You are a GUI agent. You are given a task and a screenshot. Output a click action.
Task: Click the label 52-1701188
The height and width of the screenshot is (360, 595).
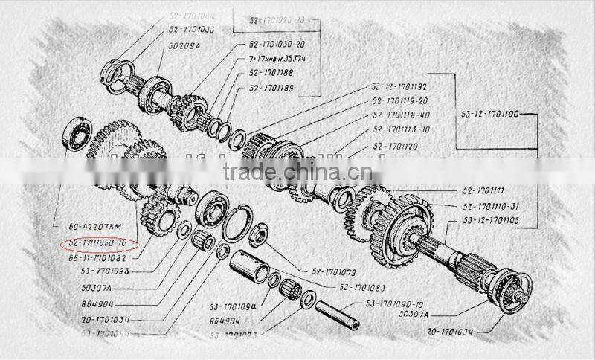coord(273,73)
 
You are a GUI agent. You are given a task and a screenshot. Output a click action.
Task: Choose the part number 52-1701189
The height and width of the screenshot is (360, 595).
coord(273,89)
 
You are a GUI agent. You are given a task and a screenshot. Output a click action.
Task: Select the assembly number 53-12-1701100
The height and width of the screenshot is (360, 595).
coord(489,115)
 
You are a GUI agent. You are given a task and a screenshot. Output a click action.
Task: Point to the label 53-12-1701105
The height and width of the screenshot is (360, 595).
coord(492,221)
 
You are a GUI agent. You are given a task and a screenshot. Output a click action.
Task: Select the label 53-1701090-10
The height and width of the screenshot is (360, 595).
coord(394,304)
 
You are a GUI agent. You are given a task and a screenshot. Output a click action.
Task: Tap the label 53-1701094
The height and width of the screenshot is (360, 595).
coord(232,306)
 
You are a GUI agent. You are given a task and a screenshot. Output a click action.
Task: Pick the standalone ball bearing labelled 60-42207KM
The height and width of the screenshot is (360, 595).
coord(77,133)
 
